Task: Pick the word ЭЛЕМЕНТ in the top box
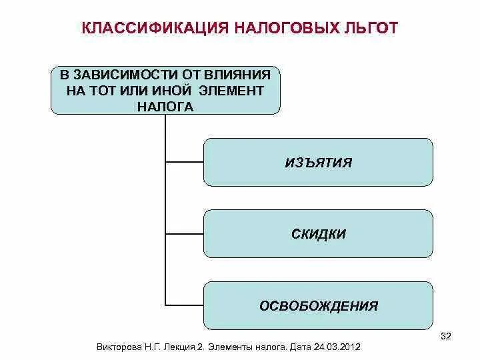(x=231, y=90)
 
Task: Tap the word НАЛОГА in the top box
(x=166, y=105)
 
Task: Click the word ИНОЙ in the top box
(x=176, y=90)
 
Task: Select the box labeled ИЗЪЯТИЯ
(x=318, y=162)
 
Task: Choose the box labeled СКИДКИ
(x=318, y=233)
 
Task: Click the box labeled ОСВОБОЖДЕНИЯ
(x=318, y=306)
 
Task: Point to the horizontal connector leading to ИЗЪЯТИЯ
(x=184, y=161)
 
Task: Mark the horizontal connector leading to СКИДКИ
(x=184, y=234)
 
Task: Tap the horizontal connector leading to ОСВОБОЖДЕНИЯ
(x=184, y=306)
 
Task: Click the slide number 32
(x=446, y=335)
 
